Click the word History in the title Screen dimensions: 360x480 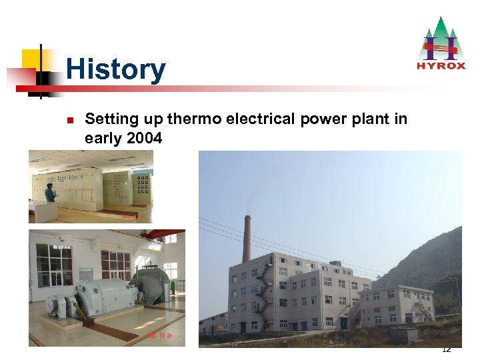115,69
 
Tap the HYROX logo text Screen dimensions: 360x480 440,65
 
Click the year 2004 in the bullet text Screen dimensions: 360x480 143,138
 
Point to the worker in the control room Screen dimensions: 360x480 50,193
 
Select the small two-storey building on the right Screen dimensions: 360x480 395,305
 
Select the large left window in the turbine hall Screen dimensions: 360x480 53,265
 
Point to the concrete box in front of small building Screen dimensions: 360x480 403,335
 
